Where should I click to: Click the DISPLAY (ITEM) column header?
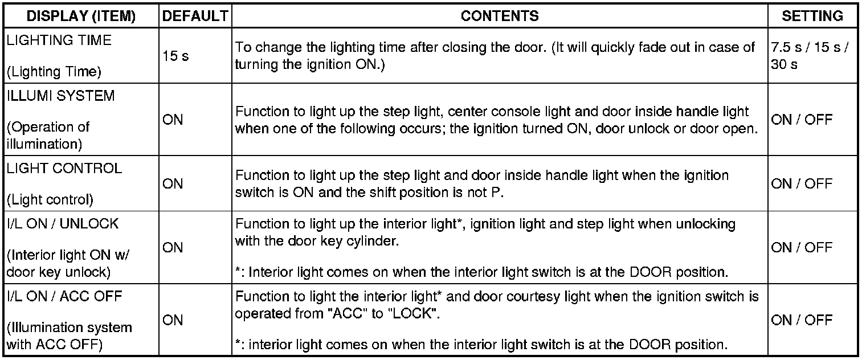point(81,17)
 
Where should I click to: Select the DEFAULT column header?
point(195,17)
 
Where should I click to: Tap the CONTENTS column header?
point(499,17)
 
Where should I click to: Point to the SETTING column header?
point(812,17)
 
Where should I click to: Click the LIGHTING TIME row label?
point(59,40)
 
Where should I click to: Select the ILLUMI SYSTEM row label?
point(60,96)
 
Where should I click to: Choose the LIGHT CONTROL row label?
point(64,169)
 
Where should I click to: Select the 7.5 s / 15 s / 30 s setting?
point(809,56)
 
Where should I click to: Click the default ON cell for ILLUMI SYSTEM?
point(173,120)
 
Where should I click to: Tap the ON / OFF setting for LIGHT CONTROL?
point(802,184)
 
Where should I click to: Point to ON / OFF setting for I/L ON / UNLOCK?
point(802,248)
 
